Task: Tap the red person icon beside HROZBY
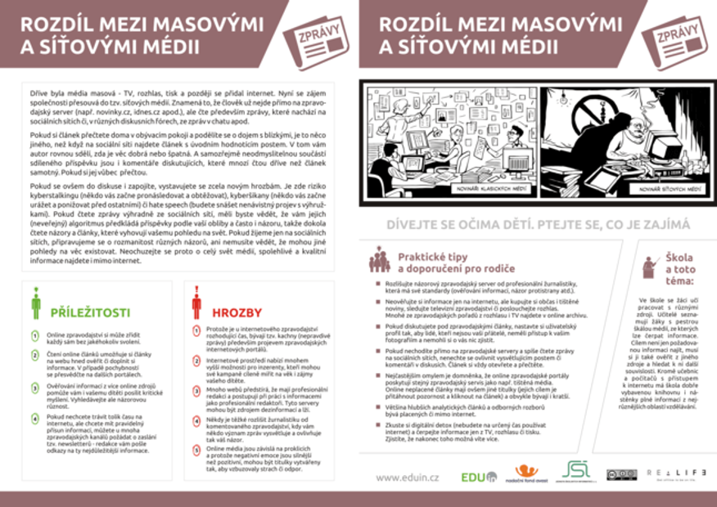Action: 196,303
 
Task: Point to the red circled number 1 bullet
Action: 196,329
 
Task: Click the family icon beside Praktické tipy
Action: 379,259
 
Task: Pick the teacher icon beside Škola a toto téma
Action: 652,266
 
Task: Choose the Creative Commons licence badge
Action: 621,475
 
